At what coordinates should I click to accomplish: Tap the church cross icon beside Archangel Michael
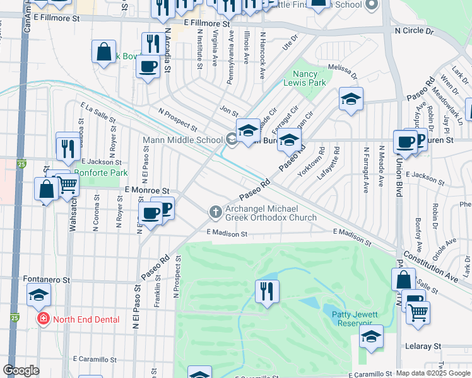[x=215, y=212]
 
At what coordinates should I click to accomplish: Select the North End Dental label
[x=86, y=319]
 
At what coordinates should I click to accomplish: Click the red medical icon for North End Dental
[x=43, y=319]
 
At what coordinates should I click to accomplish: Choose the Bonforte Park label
[x=101, y=173]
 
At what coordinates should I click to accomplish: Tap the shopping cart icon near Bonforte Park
[x=68, y=185]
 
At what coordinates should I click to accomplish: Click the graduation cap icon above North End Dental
[x=38, y=294]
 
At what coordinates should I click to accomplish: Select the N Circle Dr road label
[x=414, y=30]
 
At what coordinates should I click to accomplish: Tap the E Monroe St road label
[x=147, y=190]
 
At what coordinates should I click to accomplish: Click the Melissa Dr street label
[x=341, y=71]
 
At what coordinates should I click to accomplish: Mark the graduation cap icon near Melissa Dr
[x=351, y=99]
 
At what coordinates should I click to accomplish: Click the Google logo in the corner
[x=21, y=370]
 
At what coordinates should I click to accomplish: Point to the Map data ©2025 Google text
[x=432, y=373]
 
